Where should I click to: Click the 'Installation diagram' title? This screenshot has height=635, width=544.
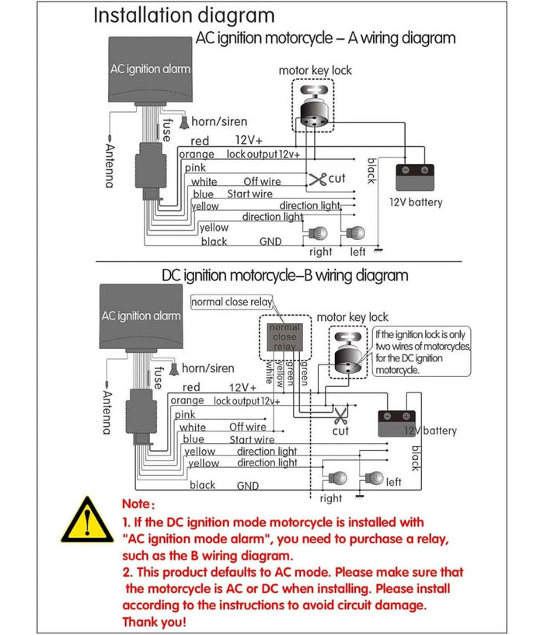[x=183, y=16]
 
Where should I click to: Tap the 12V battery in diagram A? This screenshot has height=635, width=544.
[x=414, y=177]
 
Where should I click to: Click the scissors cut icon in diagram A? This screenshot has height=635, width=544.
[x=317, y=180]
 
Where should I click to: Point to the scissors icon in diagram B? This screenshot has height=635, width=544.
[x=340, y=413]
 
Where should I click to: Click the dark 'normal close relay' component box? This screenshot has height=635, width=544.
[x=284, y=337]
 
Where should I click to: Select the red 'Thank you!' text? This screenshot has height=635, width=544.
[x=154, y=623]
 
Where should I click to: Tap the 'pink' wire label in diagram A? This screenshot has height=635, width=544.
[x=195, y=168]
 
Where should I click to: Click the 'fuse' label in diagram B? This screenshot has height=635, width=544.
[x=158, y=377]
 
